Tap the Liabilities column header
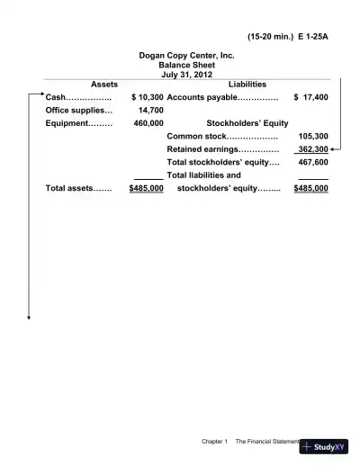(247, 85)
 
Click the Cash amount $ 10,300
(147, 96)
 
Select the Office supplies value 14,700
(150, 110)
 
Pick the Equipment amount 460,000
(148, 123)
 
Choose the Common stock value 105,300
(312, 137)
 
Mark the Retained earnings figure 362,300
(312, 150)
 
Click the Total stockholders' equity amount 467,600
(312, 163)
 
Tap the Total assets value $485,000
(146, 190)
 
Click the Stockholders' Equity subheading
(247, 123)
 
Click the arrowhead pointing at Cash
(40, 96)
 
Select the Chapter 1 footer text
(213, 442)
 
